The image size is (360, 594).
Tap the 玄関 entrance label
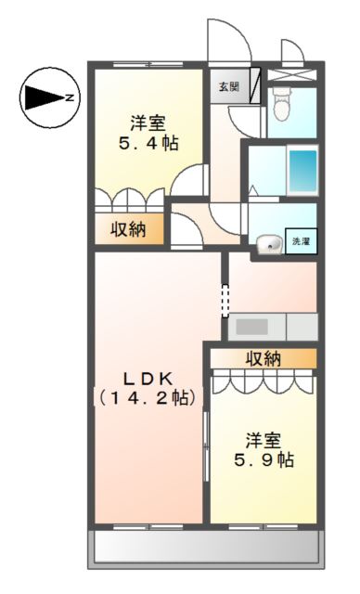click(228, 87)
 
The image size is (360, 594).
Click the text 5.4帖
click(149, 143)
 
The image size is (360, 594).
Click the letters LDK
click(148, 378)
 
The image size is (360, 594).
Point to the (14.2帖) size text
click(148, 398)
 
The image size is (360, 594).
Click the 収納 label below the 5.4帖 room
click(130, 230)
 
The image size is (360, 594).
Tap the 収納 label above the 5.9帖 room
click(264, 358)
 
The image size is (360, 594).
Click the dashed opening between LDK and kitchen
click(224, 299)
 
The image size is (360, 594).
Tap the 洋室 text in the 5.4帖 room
click(148, 122)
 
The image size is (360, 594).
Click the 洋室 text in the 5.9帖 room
click(264, 437)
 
